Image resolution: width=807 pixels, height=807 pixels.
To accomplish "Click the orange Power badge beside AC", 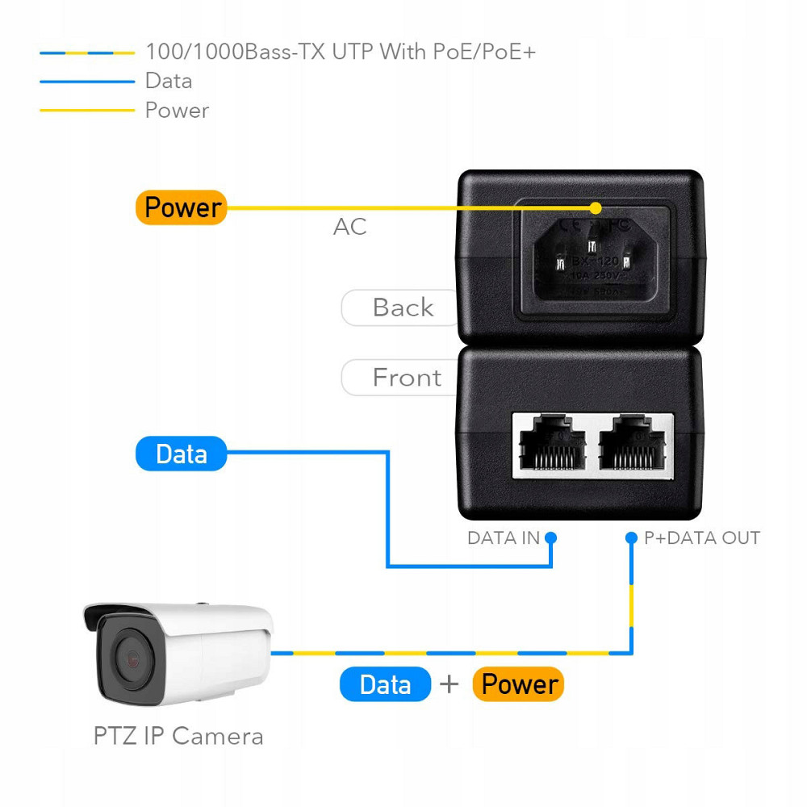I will pyautogui.click(x=182, y=207).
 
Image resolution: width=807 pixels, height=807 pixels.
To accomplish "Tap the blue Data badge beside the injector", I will pyautogui.click(x=181, y=454).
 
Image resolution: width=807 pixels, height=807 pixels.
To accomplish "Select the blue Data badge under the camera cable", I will pyautogui.click(x=385, y=684).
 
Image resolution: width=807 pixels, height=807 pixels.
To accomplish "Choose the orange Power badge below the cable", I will pyautogui.click(x=518, y=684).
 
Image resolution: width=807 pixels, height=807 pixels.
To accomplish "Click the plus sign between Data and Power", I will pyautogui.click(x=449, y=684).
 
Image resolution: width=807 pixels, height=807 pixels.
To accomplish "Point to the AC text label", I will pyautogui.click(x=349, y=227).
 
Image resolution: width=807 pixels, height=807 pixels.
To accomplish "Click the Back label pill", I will pyautogui.click(x=401, y=307).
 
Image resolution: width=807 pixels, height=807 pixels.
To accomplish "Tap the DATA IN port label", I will pyautogui.click(x=503, y=538).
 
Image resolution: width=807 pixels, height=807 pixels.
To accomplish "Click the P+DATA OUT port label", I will pyautogui.click(x=701, y=538).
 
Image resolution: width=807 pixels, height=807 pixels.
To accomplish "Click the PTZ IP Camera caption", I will pyautogui.click(x=178, y=736).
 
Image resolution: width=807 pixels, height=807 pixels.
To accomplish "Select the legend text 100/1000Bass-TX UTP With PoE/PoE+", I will pyautogui.click(x=341, y=52).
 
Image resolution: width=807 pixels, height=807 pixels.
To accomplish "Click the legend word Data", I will pyautogui.click(x=169, y=81).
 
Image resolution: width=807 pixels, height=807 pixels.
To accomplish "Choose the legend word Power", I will pyautogui.click(x=177, y=111).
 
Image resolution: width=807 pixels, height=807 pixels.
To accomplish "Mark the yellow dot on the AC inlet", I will pyautogui.click(x=596, y=207).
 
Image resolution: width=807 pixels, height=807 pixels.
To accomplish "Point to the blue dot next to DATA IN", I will pyautogui.click(x=551, y=537).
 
